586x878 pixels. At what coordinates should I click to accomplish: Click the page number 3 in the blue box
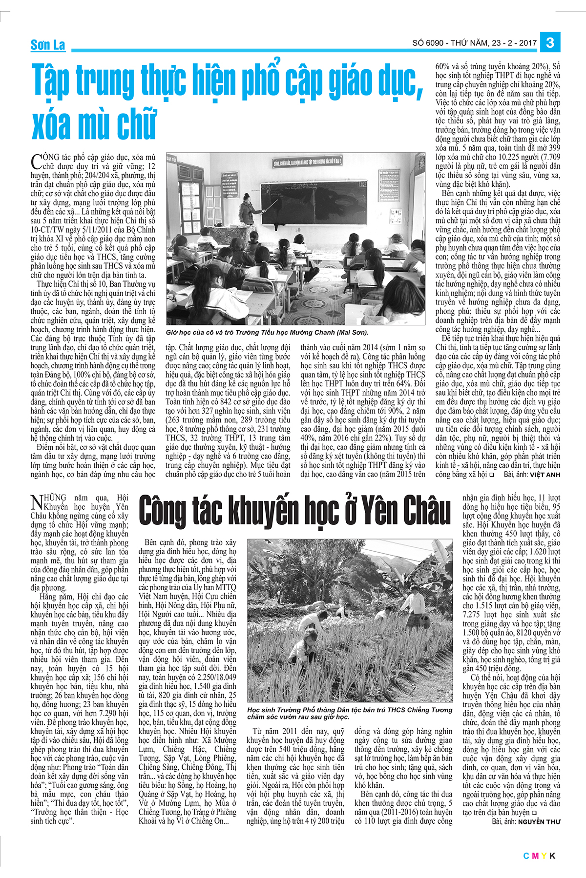pyautogui.click(x=550, y=42)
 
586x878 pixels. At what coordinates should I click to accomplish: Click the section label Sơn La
pyautogui.click(x=47, y=45)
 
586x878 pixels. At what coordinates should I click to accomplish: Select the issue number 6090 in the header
pyautogui.click(x=434, y=43)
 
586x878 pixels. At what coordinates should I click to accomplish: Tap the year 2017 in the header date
pyautogui.click(x=527, y=43)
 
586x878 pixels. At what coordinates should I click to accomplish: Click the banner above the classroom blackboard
pyautogui.click(x=308, y=161)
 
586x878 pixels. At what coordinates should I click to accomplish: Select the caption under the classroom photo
pyautogui.click(x=268, y=332)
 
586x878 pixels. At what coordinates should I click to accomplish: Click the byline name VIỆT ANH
pyautogui.click(x=545, y=474)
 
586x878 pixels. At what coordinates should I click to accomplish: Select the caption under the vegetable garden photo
pyautogui.click(x=349, y=713)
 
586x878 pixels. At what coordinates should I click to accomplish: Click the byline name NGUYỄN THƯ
pyautogui.click(x=539, y=821)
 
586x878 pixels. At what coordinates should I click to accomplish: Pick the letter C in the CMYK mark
pyautogui.click(x=526, y=855)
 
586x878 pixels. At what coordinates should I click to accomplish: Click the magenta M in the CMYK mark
pyautogui.click(x=535, y=855)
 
